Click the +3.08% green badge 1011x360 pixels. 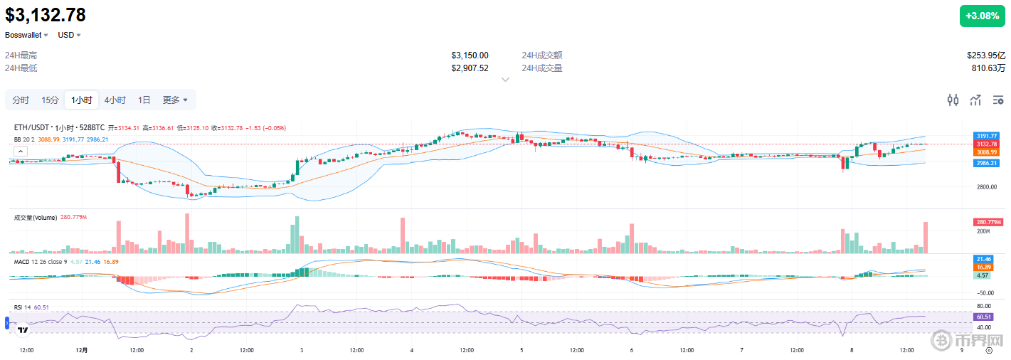tap(982, 16)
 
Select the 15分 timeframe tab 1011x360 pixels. tap(50, 100)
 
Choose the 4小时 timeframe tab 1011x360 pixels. tap(115, 100)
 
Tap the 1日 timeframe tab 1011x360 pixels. tap(144, 100)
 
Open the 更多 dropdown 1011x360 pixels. tap(175, 100)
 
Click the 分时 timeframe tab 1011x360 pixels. tap(21, 100)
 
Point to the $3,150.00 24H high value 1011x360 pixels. tap(470, 55)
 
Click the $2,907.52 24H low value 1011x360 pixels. tap(470, 68)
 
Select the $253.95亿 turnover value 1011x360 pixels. tap(986, 55)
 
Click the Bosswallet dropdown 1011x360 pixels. tap(27, 35)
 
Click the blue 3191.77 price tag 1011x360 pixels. tap(986, 136)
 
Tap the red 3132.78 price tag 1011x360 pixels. tap(986, 144)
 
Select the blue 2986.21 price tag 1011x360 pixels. tap(986, 163)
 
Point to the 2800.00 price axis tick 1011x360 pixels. tap(986, 187)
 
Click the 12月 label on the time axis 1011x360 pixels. tap(82, 350)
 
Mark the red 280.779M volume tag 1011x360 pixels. tap(987, 223)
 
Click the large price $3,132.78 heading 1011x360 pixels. tap(46, 15)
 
